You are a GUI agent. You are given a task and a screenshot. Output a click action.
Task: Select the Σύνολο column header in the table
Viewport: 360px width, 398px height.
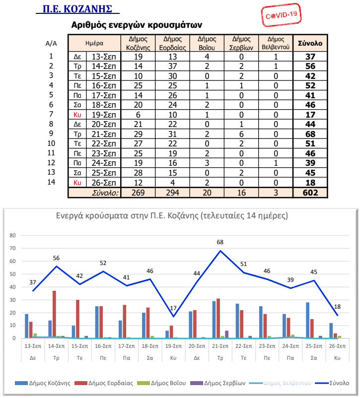pos(310,43)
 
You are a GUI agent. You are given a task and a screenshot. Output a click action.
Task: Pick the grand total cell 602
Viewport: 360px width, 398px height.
pos(310,193)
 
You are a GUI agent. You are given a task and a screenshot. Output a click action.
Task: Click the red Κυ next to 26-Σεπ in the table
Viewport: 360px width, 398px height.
pos(77,183)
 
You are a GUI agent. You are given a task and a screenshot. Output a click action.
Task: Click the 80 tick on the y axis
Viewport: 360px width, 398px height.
pos(13,236)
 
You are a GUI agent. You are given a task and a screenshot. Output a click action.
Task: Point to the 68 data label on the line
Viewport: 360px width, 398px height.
pos(220,243)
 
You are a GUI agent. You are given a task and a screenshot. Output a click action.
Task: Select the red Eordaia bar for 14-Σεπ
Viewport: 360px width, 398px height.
pos(54,315)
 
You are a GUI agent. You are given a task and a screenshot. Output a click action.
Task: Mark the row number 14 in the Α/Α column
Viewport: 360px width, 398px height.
pos(51,182)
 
